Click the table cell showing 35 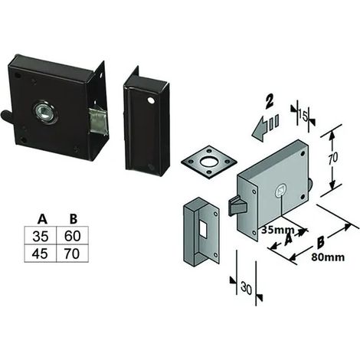(40, 236)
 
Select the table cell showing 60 (72, 236)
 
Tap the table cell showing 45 (40, 254)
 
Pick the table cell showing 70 (72, 254)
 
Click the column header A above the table (42, 219)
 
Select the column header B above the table (74, 219)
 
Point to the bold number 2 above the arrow (270, 100)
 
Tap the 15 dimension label (303, 116)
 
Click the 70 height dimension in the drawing (333, 159)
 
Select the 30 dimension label (246, 288)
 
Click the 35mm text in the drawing (277, 230)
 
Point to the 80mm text (328, 257)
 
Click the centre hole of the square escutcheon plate (209, 161)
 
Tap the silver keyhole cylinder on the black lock (45, 113)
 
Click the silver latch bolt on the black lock (97, 122)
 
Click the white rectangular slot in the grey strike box (203, 228)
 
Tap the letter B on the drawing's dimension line (320, 242)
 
